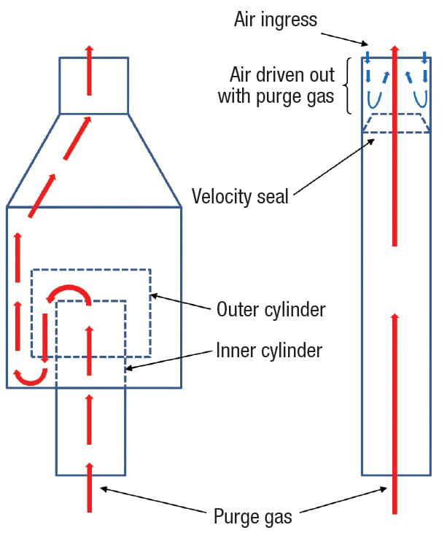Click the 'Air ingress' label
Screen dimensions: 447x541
(276, 20)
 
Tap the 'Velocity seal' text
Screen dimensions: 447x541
(240, 196)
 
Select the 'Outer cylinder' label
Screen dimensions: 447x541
(271, 309)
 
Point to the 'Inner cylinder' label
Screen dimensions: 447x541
(269, 351)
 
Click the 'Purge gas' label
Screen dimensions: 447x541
(253, 517)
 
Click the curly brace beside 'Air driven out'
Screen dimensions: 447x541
(348, 85)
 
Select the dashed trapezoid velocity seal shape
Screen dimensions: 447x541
(396, 122)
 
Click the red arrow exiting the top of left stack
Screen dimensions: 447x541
(90, 70)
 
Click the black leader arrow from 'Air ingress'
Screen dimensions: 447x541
(344, 39)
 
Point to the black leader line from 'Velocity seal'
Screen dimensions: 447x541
(334, 167)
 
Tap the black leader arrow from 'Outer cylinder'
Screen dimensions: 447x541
(181, 301)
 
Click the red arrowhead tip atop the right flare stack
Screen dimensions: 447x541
(395, 45)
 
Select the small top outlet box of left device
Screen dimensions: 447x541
(94, 85)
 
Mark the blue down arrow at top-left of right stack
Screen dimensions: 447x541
(368, 58)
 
